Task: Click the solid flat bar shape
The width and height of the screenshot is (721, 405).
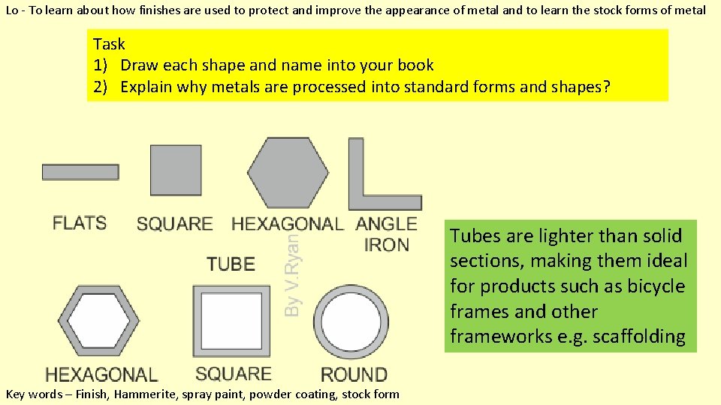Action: pyautogui.click(x=80, y=172)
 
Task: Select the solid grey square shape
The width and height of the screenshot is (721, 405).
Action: pyautogui.click(x=176, y=170)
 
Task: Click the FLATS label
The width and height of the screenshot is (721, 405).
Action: pyautogui.click(x=80, y=223)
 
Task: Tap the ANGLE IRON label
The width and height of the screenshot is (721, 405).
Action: pyautogui.click(x=386, y=234)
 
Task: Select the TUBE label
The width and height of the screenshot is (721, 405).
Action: pyautogui.click(x=231, y=264)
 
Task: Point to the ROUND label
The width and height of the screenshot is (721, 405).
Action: pyautogui.click(x=354, y=374)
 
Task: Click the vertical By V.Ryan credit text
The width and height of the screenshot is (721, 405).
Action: pyautogui.click(x=295, y=273)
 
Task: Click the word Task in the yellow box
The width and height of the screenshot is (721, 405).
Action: pyautogui.click(x=109, y=44)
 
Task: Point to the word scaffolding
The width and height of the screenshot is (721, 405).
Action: pyautogui.click(x=638, y=337)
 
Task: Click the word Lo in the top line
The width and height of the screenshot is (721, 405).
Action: pyautogui.click(x=11, y=10)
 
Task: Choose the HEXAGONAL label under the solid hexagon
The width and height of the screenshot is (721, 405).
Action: pyautogui.click(x=287, y=223)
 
